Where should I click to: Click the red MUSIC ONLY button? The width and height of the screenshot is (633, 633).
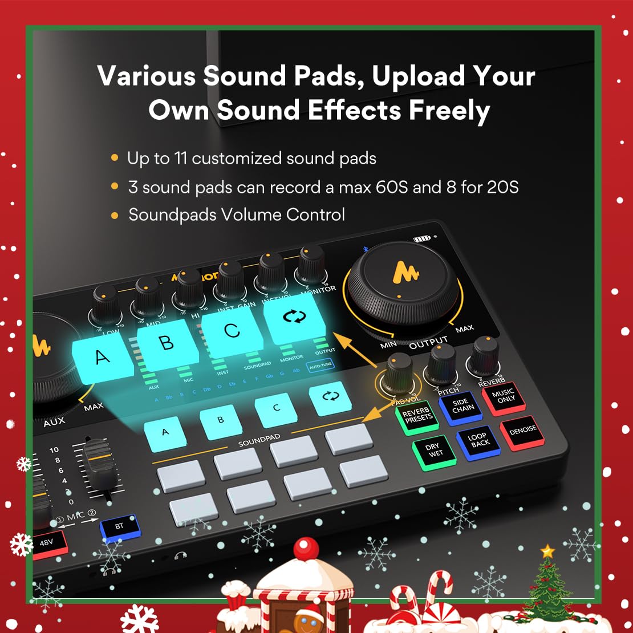tap(502, 396)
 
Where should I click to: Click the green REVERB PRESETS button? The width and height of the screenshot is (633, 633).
tap(416, 416)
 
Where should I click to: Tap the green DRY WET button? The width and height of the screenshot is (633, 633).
tap(434, 451)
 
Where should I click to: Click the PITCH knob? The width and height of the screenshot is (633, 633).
tap(443, 358)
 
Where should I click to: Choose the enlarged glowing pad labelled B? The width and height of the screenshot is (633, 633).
tap(165, 343)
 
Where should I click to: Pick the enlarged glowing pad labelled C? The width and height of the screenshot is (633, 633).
tap(232, 331)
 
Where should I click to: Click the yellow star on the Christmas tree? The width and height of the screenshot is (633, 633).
tap(547, 551)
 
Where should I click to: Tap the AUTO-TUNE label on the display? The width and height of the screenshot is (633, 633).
tap(320, 366)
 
